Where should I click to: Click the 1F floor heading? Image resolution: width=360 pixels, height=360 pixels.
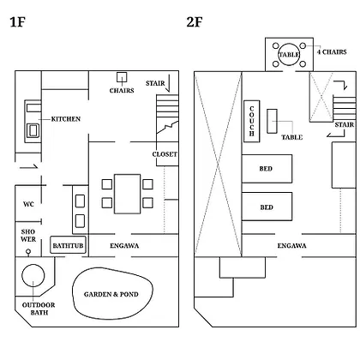(18, 22)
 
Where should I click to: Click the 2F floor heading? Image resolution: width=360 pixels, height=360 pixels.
(195, 22)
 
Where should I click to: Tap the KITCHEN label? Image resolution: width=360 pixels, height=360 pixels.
(66, 119)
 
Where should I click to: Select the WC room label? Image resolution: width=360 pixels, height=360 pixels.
(28, 204)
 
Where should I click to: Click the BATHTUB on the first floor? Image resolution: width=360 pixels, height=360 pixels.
(68, 245)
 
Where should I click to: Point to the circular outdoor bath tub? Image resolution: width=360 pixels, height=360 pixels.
(33, 275)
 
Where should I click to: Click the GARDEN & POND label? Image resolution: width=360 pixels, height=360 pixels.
(111, 294)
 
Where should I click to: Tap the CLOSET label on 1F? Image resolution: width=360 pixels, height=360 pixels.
(165, 154)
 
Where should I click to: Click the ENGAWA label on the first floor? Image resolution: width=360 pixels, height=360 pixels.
(124, 246)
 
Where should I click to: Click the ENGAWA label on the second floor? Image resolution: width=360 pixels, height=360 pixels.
(291, 246)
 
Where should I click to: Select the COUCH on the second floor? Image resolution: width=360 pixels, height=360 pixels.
(252, 121)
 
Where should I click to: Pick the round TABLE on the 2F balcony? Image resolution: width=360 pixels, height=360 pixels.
(289, 55)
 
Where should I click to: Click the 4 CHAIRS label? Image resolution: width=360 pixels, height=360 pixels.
(332, 52)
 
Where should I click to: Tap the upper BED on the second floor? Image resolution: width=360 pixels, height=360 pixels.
(267, 169)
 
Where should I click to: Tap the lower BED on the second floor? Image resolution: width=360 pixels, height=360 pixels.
(267, 207)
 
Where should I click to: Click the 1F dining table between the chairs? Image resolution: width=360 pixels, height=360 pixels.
(128, 194)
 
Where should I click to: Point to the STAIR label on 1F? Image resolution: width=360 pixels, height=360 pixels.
(155, 83)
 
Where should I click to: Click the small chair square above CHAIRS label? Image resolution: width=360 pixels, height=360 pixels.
(122, 77)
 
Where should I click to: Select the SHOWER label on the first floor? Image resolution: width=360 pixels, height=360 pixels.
(28, 236)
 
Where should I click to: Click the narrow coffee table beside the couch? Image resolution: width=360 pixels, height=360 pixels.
(272, 121)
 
